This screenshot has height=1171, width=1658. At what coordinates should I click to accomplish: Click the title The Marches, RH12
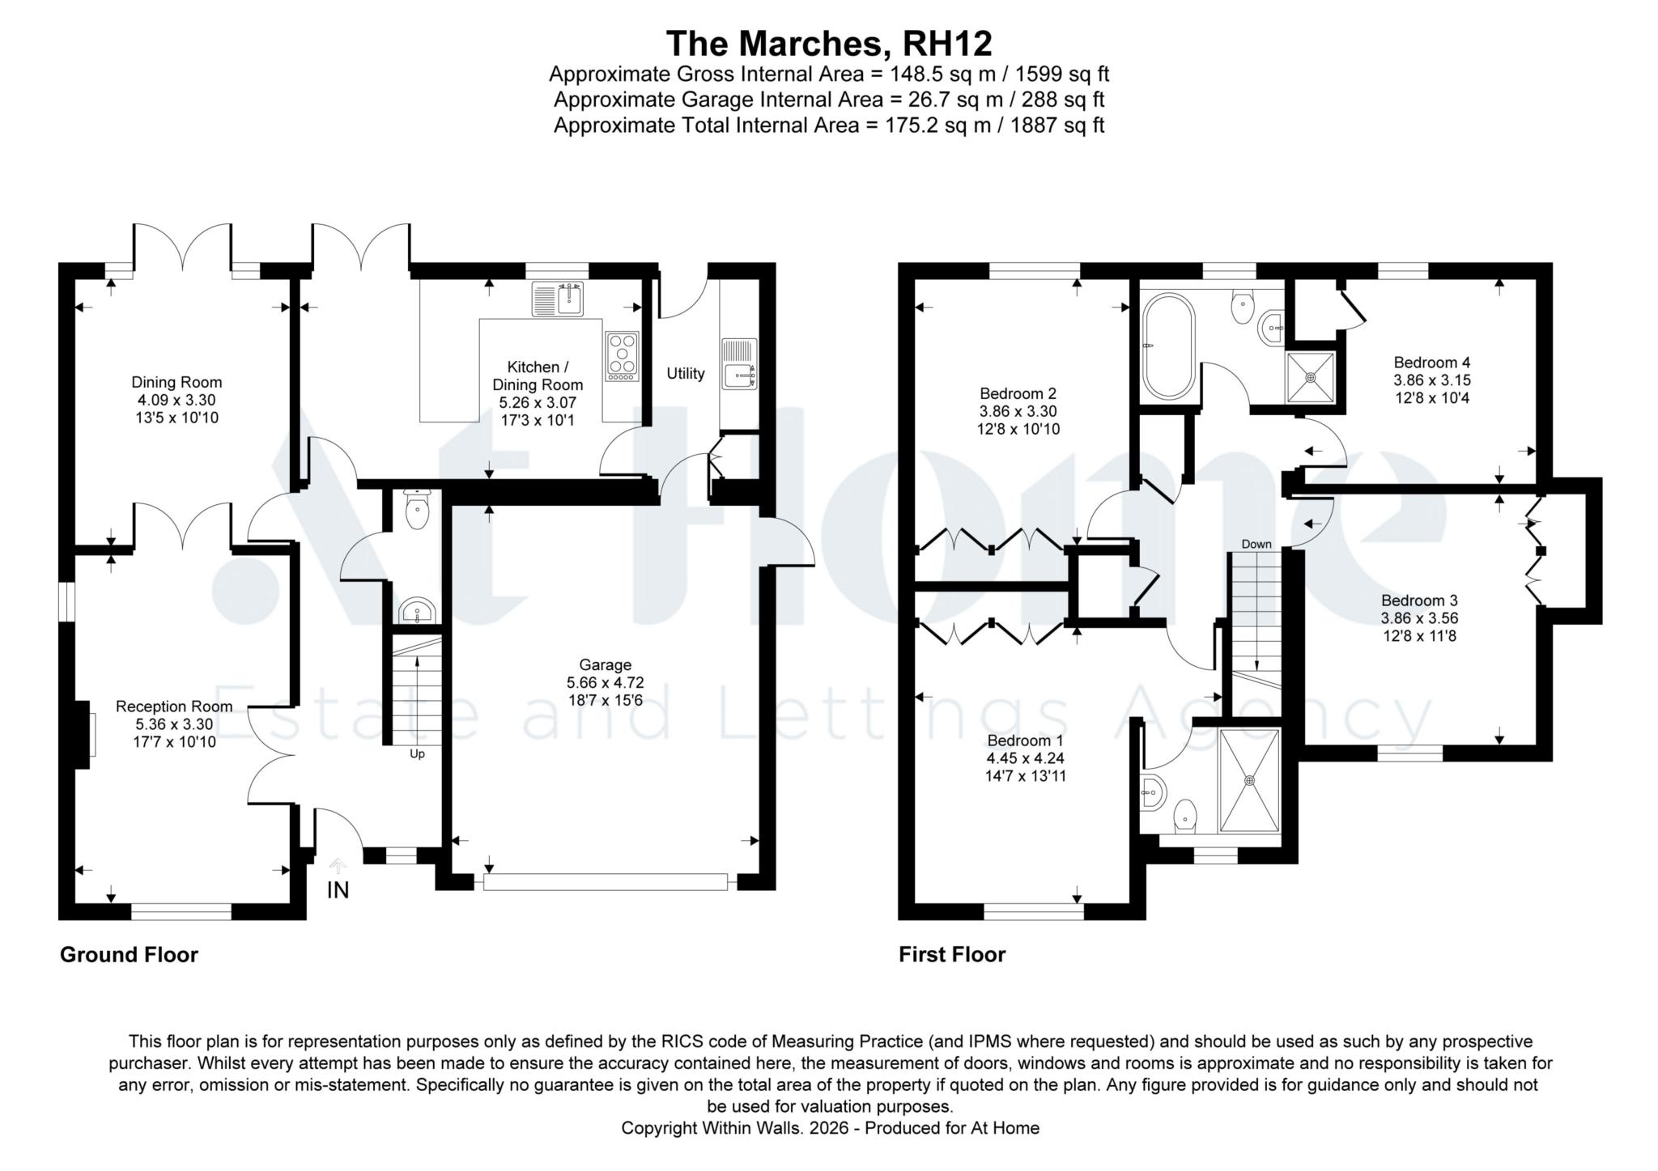pos(828,43)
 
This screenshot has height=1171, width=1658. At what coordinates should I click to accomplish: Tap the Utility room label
pos(685,374)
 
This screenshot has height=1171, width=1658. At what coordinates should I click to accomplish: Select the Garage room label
pos(605,665)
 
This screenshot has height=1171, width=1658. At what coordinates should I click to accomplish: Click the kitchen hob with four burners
pos(622,357)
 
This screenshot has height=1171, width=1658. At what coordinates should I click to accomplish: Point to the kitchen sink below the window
pos(559,299)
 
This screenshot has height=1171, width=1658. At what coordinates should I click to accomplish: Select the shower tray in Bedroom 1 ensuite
pos(1249,781)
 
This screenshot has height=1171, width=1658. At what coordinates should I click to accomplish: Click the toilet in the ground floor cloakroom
pos(417,510)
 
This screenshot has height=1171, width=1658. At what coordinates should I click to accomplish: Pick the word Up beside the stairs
pos(417,754)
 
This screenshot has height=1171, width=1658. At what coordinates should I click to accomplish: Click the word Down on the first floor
pos(1256,545)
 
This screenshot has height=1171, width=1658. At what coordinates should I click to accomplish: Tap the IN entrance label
pos(338,890)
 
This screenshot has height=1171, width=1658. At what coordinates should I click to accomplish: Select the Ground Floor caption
pos(129,955)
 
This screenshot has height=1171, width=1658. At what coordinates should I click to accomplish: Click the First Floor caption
pos(952,955)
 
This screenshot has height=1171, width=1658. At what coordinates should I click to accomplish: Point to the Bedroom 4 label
pos(1432,363)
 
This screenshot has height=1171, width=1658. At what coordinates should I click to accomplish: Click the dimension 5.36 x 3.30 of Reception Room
pos(174,724)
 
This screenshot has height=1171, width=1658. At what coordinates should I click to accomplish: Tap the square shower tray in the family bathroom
pos(1310,377)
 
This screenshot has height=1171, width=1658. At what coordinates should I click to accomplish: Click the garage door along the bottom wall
pos(606,882)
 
